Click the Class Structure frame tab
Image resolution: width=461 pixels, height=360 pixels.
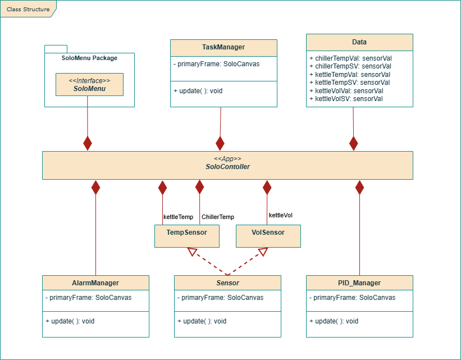(28, 9)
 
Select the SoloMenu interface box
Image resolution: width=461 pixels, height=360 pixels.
(89, 84)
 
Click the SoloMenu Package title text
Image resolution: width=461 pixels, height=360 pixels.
(89, 58)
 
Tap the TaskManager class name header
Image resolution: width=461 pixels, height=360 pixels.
(223, 47)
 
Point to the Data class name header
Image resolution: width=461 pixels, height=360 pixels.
(359, 42)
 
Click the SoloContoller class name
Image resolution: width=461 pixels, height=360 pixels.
(227, 167)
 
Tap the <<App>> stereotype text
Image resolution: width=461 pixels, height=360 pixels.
(227, 159)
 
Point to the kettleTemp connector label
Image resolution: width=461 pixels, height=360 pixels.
(178, 217)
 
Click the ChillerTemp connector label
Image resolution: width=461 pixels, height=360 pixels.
(218, 217)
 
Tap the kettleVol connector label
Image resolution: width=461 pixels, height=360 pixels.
(281, 215)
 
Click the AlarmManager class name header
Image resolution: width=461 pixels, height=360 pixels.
(95, 283)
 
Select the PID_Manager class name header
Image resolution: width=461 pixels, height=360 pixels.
(359, 283)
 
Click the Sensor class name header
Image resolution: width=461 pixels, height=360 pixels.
(227, 283)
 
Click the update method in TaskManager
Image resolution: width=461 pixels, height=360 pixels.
(198, 90)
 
